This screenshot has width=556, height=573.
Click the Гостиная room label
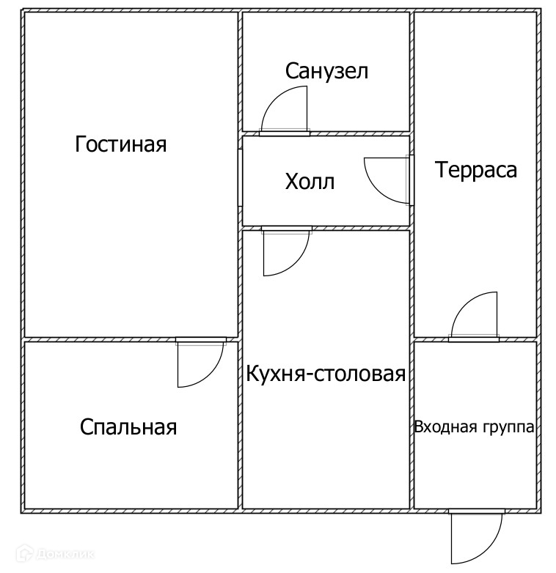(121, 144)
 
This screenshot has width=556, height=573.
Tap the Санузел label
(326, 71)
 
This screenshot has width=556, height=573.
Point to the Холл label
(310, 181)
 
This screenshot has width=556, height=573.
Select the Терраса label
(476, 170)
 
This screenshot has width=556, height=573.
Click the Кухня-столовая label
(326, 374)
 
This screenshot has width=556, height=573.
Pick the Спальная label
(128, 426)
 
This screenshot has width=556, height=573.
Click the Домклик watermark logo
(55, 555)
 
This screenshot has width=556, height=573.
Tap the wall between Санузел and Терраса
(411, 73)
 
